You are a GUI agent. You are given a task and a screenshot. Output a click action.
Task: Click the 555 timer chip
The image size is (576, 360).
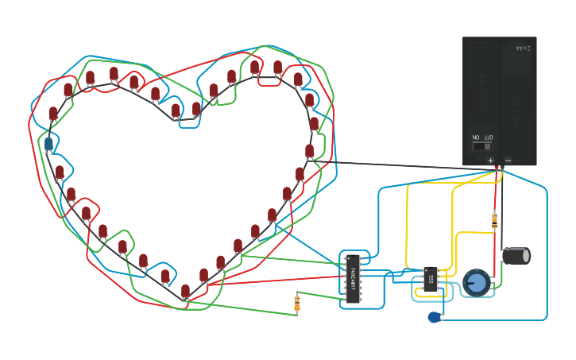coord(431,280)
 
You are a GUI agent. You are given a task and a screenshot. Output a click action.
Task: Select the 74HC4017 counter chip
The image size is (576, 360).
coord(353,279)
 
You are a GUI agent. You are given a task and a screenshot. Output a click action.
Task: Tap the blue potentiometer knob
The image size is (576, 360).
coord(476,283)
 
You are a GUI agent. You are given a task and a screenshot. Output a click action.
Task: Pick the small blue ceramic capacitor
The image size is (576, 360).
coord(434,317)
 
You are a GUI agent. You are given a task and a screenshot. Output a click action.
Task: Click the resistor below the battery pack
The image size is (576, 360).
coord(495,220)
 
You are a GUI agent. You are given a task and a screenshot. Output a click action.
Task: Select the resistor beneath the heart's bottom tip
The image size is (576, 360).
coord(297,303)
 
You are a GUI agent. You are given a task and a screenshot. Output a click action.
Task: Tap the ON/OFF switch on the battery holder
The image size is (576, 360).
coord(481,146)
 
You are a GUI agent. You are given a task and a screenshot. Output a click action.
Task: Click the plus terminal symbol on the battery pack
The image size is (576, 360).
coord(490,160)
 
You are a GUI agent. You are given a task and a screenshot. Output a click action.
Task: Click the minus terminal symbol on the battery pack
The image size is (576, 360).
coord(508,160)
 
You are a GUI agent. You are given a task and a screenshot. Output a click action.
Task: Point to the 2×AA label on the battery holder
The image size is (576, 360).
coord(522,48)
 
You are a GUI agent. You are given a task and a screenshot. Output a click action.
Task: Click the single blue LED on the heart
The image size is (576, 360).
coord(48,144)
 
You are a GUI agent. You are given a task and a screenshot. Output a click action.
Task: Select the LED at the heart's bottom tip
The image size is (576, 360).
coord(185,292)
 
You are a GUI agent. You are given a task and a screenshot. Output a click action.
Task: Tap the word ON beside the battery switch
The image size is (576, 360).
coord(476,137)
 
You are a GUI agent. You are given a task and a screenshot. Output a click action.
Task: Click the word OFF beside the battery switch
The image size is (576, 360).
coord(488,137)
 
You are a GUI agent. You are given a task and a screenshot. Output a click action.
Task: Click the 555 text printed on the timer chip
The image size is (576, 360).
coord(431,279)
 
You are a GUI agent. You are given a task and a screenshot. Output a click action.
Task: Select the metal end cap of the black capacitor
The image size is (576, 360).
coord(526,256)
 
